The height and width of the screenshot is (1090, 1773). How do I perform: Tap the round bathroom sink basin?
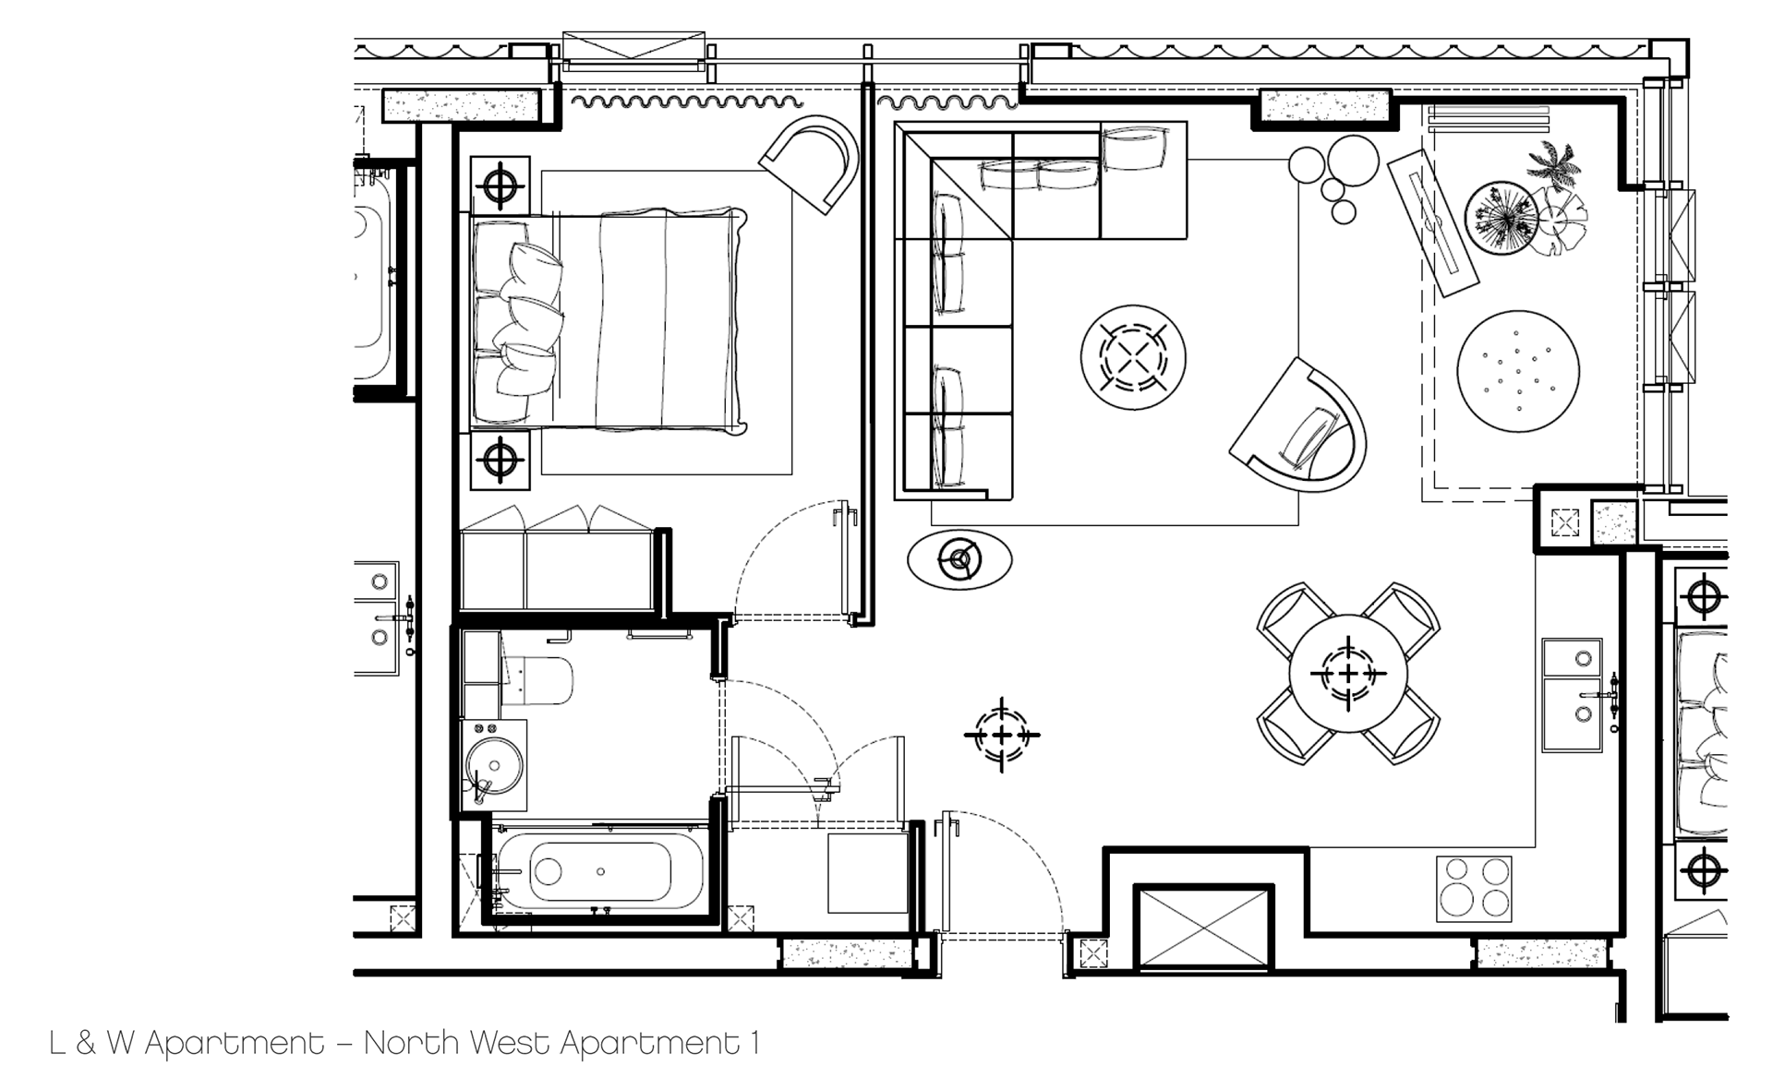[494, 765]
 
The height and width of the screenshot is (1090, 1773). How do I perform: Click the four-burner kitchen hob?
[1474, 889]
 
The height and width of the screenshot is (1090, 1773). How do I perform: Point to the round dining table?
[1348, 673]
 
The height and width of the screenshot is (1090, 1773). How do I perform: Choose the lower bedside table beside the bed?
[500, 459]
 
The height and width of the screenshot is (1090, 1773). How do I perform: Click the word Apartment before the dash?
[235, 1044]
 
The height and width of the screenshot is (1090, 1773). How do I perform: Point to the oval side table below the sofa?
[959, 558]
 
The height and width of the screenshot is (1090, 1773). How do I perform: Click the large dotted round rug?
[1518, 371]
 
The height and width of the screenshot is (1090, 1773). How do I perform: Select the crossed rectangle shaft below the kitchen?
[1204, 928]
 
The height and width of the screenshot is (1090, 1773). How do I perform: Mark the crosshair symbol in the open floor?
[1002, 736]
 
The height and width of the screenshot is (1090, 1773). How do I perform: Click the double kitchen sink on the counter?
[1573, 694]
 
